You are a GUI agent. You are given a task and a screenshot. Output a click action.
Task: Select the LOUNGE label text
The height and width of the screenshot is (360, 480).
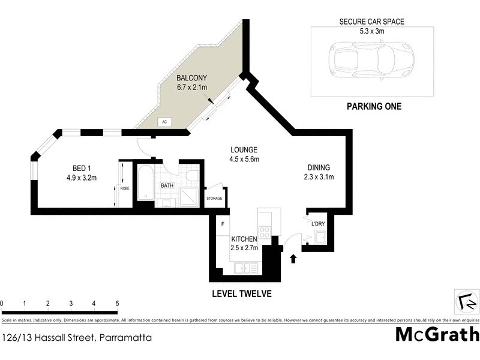(x=244, y=150)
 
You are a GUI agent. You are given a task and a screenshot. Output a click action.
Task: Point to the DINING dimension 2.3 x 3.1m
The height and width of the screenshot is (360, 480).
(x=319, y=177)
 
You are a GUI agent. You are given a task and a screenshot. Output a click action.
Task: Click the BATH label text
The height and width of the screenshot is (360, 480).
(x=167, y=185)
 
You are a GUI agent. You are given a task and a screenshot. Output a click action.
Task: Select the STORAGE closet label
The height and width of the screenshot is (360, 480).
(x=214, y=199)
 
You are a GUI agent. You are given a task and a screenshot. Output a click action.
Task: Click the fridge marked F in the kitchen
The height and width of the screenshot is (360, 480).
(x=223, y=224)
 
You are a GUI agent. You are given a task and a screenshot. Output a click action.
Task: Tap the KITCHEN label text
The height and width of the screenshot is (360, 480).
(x=244, y=239)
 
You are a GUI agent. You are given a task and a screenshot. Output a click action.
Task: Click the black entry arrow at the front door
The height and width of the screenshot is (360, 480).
(x=293, y=259)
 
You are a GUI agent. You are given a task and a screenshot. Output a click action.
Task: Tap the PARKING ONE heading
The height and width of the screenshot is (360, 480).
(x=374, y=107)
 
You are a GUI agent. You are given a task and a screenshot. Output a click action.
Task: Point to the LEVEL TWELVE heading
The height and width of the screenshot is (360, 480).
(x=242, y=294)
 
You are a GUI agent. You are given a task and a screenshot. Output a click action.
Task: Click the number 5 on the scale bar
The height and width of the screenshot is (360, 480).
(x=117, y=304)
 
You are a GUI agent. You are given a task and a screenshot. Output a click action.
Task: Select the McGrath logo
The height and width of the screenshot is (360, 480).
(x=437, y=335)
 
